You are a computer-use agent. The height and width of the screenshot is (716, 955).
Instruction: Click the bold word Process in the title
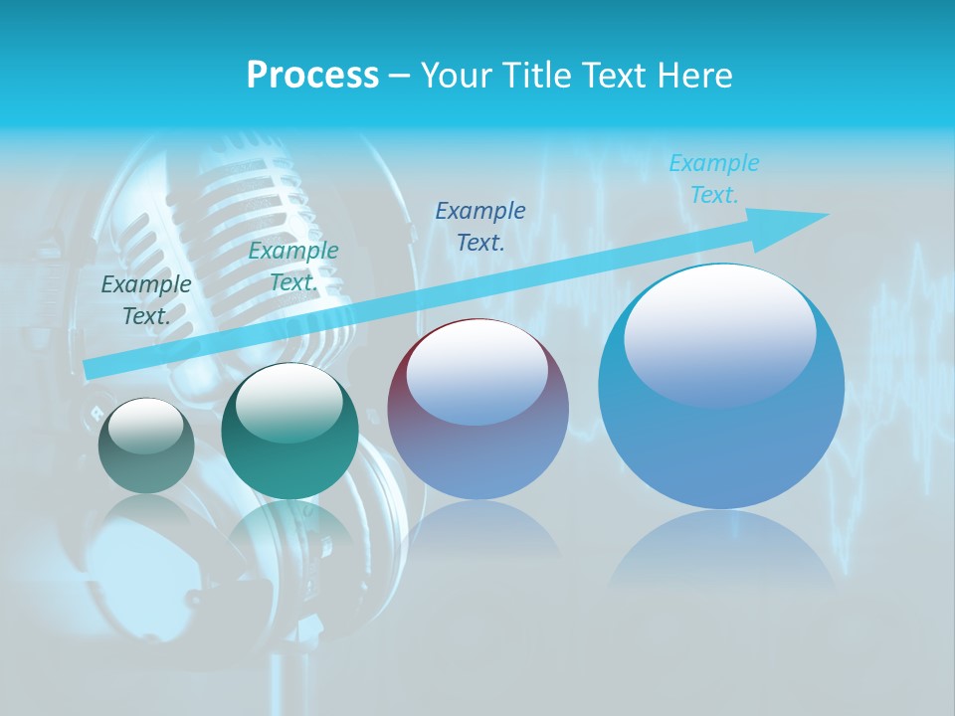312,76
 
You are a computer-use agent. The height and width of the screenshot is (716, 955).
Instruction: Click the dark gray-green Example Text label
146,299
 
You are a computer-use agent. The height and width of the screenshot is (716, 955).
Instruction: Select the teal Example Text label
292,267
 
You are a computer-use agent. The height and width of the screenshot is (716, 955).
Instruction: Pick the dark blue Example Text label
480,226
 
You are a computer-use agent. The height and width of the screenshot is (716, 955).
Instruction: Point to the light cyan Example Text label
713,179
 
